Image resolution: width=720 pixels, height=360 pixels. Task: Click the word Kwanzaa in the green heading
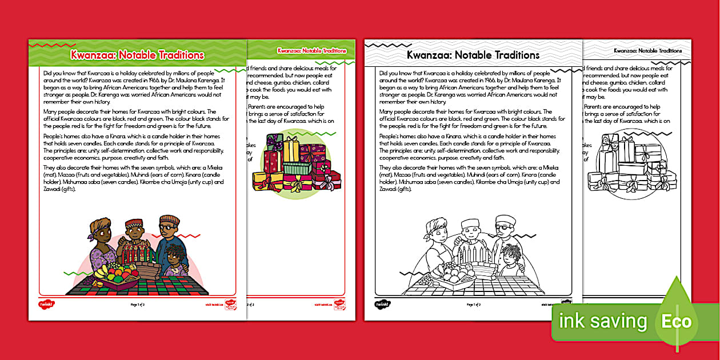[x=90, y=55]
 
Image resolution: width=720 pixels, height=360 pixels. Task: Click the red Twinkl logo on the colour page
[x=46, y=305]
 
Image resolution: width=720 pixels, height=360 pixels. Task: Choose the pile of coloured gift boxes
[x=295, y=165]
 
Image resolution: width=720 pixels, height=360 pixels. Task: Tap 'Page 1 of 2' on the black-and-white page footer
[x=473, y=305]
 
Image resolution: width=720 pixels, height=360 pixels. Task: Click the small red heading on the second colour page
[x=311, y=51]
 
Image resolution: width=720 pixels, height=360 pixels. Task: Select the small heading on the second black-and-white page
[x=647, y=51]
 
